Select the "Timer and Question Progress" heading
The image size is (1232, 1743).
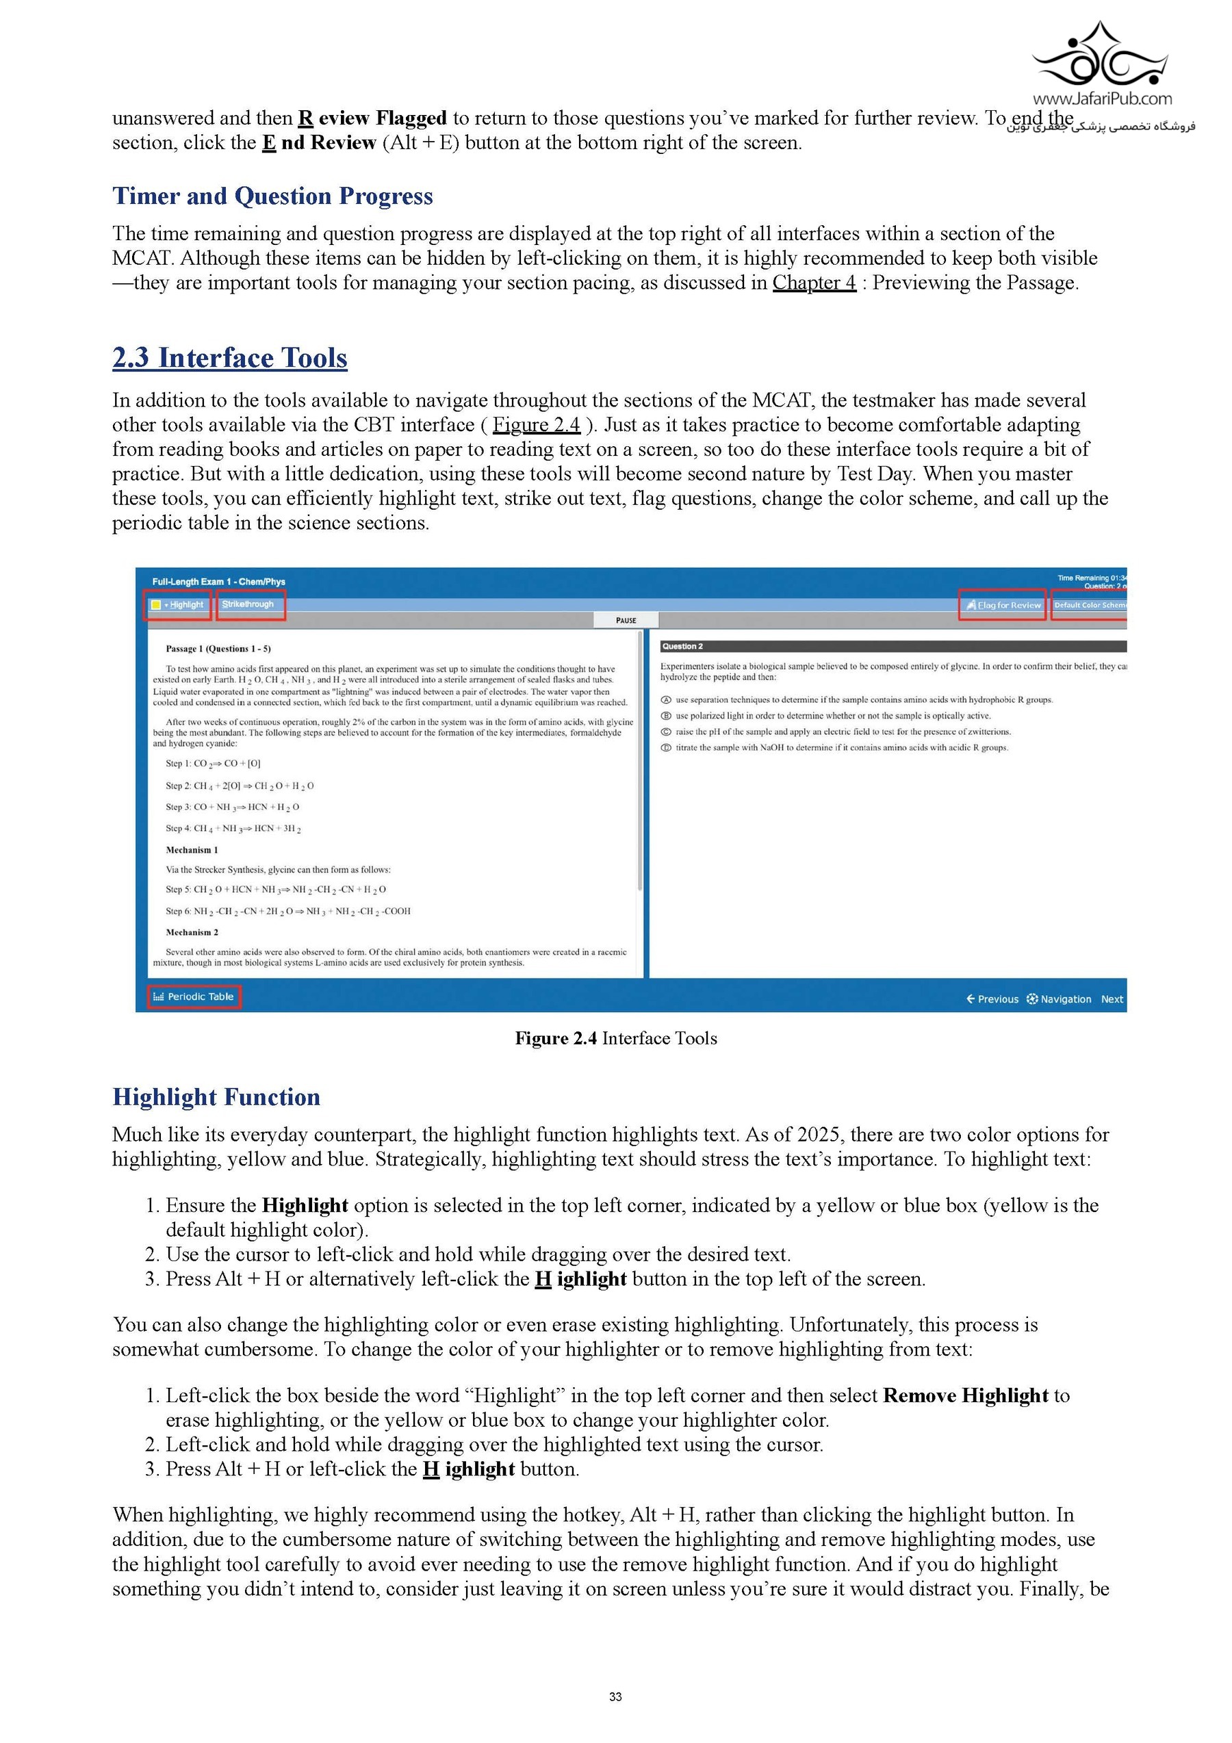click(272, 196)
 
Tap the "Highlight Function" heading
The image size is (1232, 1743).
click(216, 1097)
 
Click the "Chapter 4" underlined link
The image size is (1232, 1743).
click(814, 283)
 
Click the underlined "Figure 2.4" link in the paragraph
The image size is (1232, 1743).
click(536, 424)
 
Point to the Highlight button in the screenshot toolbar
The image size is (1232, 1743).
click(178, 605)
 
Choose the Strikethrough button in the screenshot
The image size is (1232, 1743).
click(250, 605)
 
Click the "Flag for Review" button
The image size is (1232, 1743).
click(1002, 605)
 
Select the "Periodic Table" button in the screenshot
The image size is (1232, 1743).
click(194, 997)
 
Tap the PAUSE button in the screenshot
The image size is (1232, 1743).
click(626, 620)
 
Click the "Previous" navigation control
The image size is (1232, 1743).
click(992, 999)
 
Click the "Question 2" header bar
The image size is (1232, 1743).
click(892, 647)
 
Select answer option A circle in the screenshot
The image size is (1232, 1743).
click(666, 700)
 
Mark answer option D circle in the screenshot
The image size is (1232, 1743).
click(666, 748)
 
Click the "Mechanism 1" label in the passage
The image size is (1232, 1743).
click(192, 850)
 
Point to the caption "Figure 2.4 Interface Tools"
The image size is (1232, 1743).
click(615, 1039)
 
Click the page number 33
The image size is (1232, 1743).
click(615, 1697)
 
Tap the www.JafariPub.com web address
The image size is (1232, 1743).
click(1101, 99)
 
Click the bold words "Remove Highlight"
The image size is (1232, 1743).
click(966, 1395)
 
